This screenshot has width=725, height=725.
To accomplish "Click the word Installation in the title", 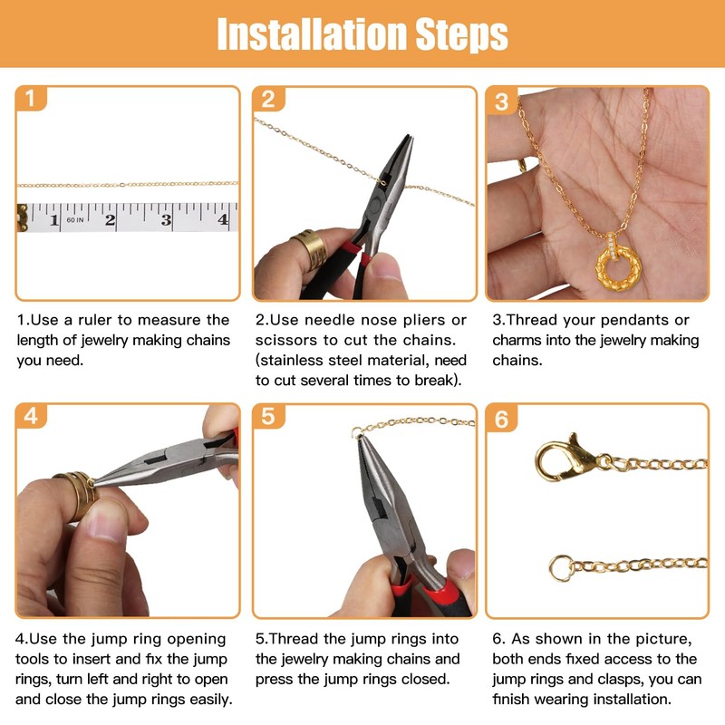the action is tap(312, 34).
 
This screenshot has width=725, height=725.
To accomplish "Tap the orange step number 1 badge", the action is tap(31, 99).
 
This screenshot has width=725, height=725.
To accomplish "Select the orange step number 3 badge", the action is tap(501, 101).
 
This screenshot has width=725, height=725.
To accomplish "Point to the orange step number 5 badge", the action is tap(268, 416).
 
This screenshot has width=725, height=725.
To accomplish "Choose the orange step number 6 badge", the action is tap(502, 419).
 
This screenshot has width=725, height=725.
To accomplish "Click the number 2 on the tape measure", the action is tap(110, 219).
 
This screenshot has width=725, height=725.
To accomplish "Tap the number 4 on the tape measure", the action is tap(223, 219).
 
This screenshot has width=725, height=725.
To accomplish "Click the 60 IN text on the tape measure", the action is tap(75, 219).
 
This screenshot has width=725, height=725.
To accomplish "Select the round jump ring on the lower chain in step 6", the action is tap(561, 567).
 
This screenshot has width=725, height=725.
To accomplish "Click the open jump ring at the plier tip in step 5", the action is tap(357, 432).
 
